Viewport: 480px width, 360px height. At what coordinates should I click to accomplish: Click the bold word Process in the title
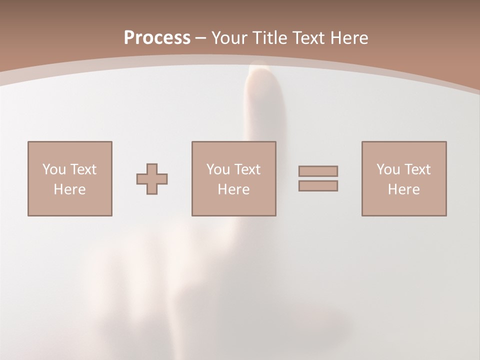[157, 38]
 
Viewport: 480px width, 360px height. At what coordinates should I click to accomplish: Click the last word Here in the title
[349, 38]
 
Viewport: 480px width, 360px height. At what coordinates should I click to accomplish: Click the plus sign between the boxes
[152, 179]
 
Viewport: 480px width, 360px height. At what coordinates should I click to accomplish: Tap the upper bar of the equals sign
[318, 171]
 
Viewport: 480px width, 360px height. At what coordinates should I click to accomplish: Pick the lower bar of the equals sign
[318, 185]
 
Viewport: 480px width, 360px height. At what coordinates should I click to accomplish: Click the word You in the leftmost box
[54, 169]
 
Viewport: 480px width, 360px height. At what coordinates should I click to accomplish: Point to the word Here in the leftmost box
[69, 189]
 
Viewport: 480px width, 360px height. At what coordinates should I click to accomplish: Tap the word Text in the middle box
[247, 169]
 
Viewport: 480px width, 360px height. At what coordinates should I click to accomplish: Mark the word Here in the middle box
[233, 189]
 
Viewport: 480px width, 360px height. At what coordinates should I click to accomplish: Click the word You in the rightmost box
[388, 169]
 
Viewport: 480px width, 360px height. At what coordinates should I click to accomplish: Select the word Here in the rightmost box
[404, 189]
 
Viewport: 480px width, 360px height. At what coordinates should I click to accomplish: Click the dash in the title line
[201, 38]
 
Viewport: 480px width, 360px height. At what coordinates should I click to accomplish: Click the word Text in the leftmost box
[83, 169]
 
